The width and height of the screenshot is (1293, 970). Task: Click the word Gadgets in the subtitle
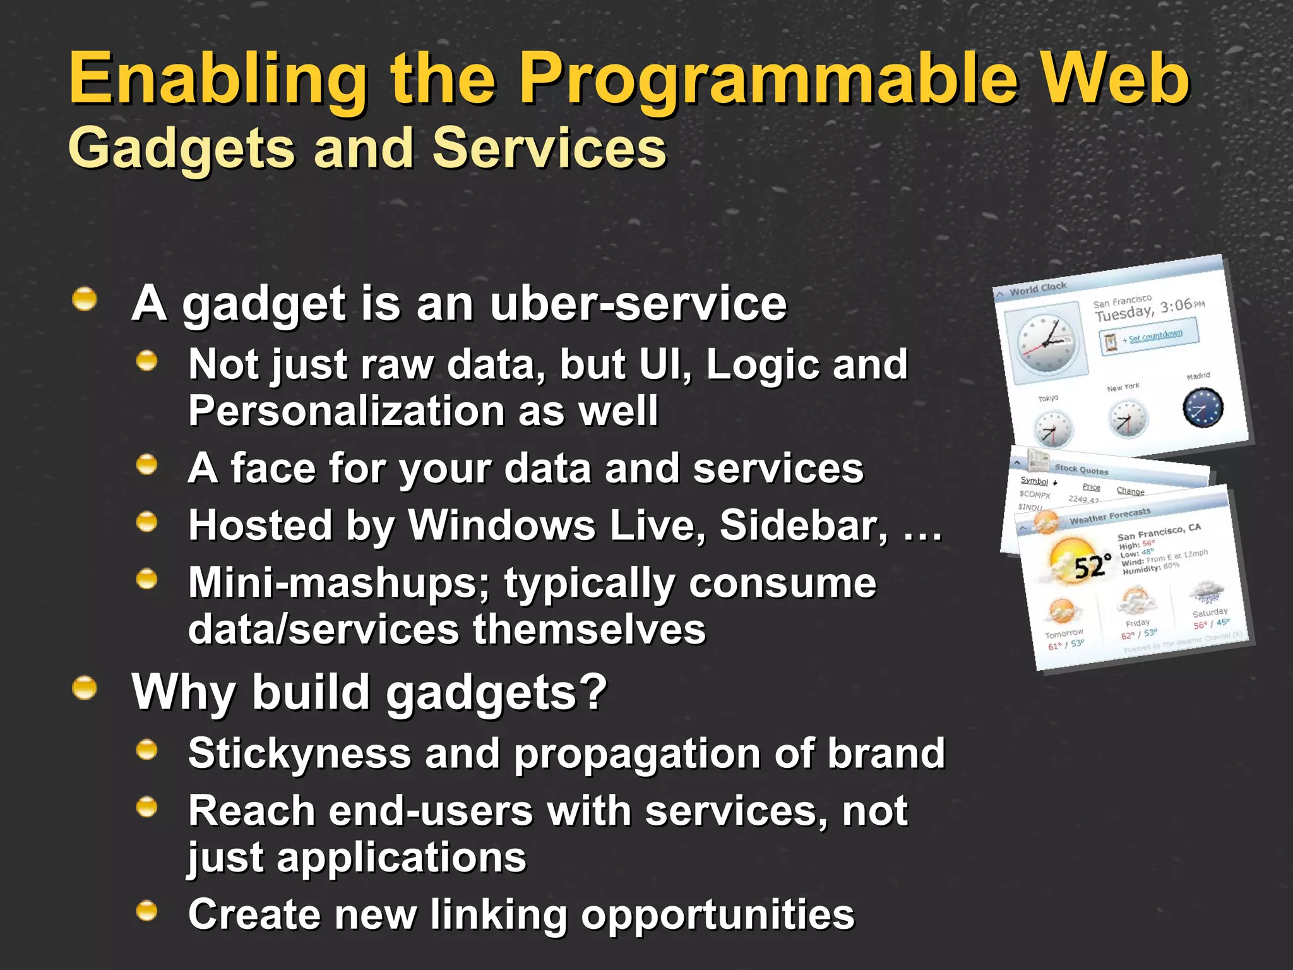(x=181, y=149)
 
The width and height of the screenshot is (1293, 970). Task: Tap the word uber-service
(x=638, y=304)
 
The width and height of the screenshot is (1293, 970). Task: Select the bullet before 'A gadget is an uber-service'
(x=85, y=299)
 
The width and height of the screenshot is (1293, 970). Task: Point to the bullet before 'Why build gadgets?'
(x=85, y=688)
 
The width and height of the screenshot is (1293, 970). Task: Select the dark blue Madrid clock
(x=1203, y=408)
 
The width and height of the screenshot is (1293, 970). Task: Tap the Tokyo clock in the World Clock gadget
(x=1052, y=429)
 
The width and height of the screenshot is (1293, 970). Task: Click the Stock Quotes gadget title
(x=1081, y=469)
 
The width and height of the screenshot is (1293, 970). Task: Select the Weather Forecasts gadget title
(x=1109, y=516)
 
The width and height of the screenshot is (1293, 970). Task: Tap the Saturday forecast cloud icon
(x=1206, y=592)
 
